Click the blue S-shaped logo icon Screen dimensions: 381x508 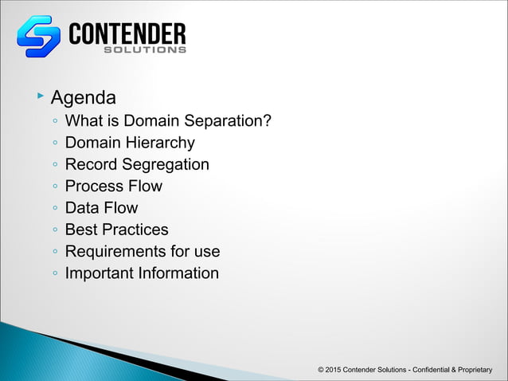pos(38,37)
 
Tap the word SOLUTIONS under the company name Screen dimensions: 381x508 pos(146,49)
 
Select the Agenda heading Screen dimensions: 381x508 pos(84,98)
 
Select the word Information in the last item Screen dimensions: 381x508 pos(180,273)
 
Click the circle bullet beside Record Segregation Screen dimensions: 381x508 pos(53,166)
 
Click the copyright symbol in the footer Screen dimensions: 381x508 pos(320,371)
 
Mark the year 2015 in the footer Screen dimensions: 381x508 pos(334,371)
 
